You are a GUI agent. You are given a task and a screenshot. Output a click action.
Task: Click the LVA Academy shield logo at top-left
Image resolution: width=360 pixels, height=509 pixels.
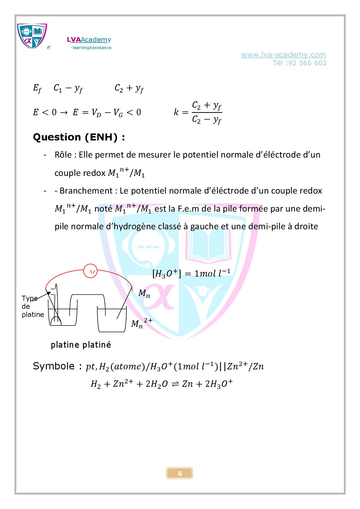pos(32,36)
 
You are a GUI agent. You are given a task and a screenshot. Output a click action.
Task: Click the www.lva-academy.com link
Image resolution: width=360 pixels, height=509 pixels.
pos(283,55)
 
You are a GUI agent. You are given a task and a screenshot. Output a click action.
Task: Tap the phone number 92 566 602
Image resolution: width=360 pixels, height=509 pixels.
pos(308,63)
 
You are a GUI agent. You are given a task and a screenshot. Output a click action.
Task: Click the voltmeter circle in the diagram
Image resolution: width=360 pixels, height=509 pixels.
pos(91,272)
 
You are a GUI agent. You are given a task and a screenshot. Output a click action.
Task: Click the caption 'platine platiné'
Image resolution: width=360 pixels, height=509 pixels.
pos(81,345)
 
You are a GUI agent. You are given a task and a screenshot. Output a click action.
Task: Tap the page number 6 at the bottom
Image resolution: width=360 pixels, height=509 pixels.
pos(180,473)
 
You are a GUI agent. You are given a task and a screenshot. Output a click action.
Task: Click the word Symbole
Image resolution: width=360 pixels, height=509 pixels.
pos(54,366)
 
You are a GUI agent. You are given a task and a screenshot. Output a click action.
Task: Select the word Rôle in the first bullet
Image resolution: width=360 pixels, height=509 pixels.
pos(63,155)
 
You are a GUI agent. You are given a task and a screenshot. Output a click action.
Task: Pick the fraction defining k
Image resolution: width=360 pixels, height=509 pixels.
pos(207,113)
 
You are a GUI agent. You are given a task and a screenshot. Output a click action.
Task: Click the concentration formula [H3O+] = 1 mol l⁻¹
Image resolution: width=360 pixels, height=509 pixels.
pos(191,273)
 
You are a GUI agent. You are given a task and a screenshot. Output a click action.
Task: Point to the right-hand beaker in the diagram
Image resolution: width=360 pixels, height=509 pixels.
pos(112,321)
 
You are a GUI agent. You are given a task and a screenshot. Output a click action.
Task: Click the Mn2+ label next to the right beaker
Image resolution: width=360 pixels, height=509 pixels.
pos(141,323)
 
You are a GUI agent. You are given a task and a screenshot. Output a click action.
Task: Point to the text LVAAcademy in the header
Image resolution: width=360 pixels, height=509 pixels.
pos(89,39)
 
